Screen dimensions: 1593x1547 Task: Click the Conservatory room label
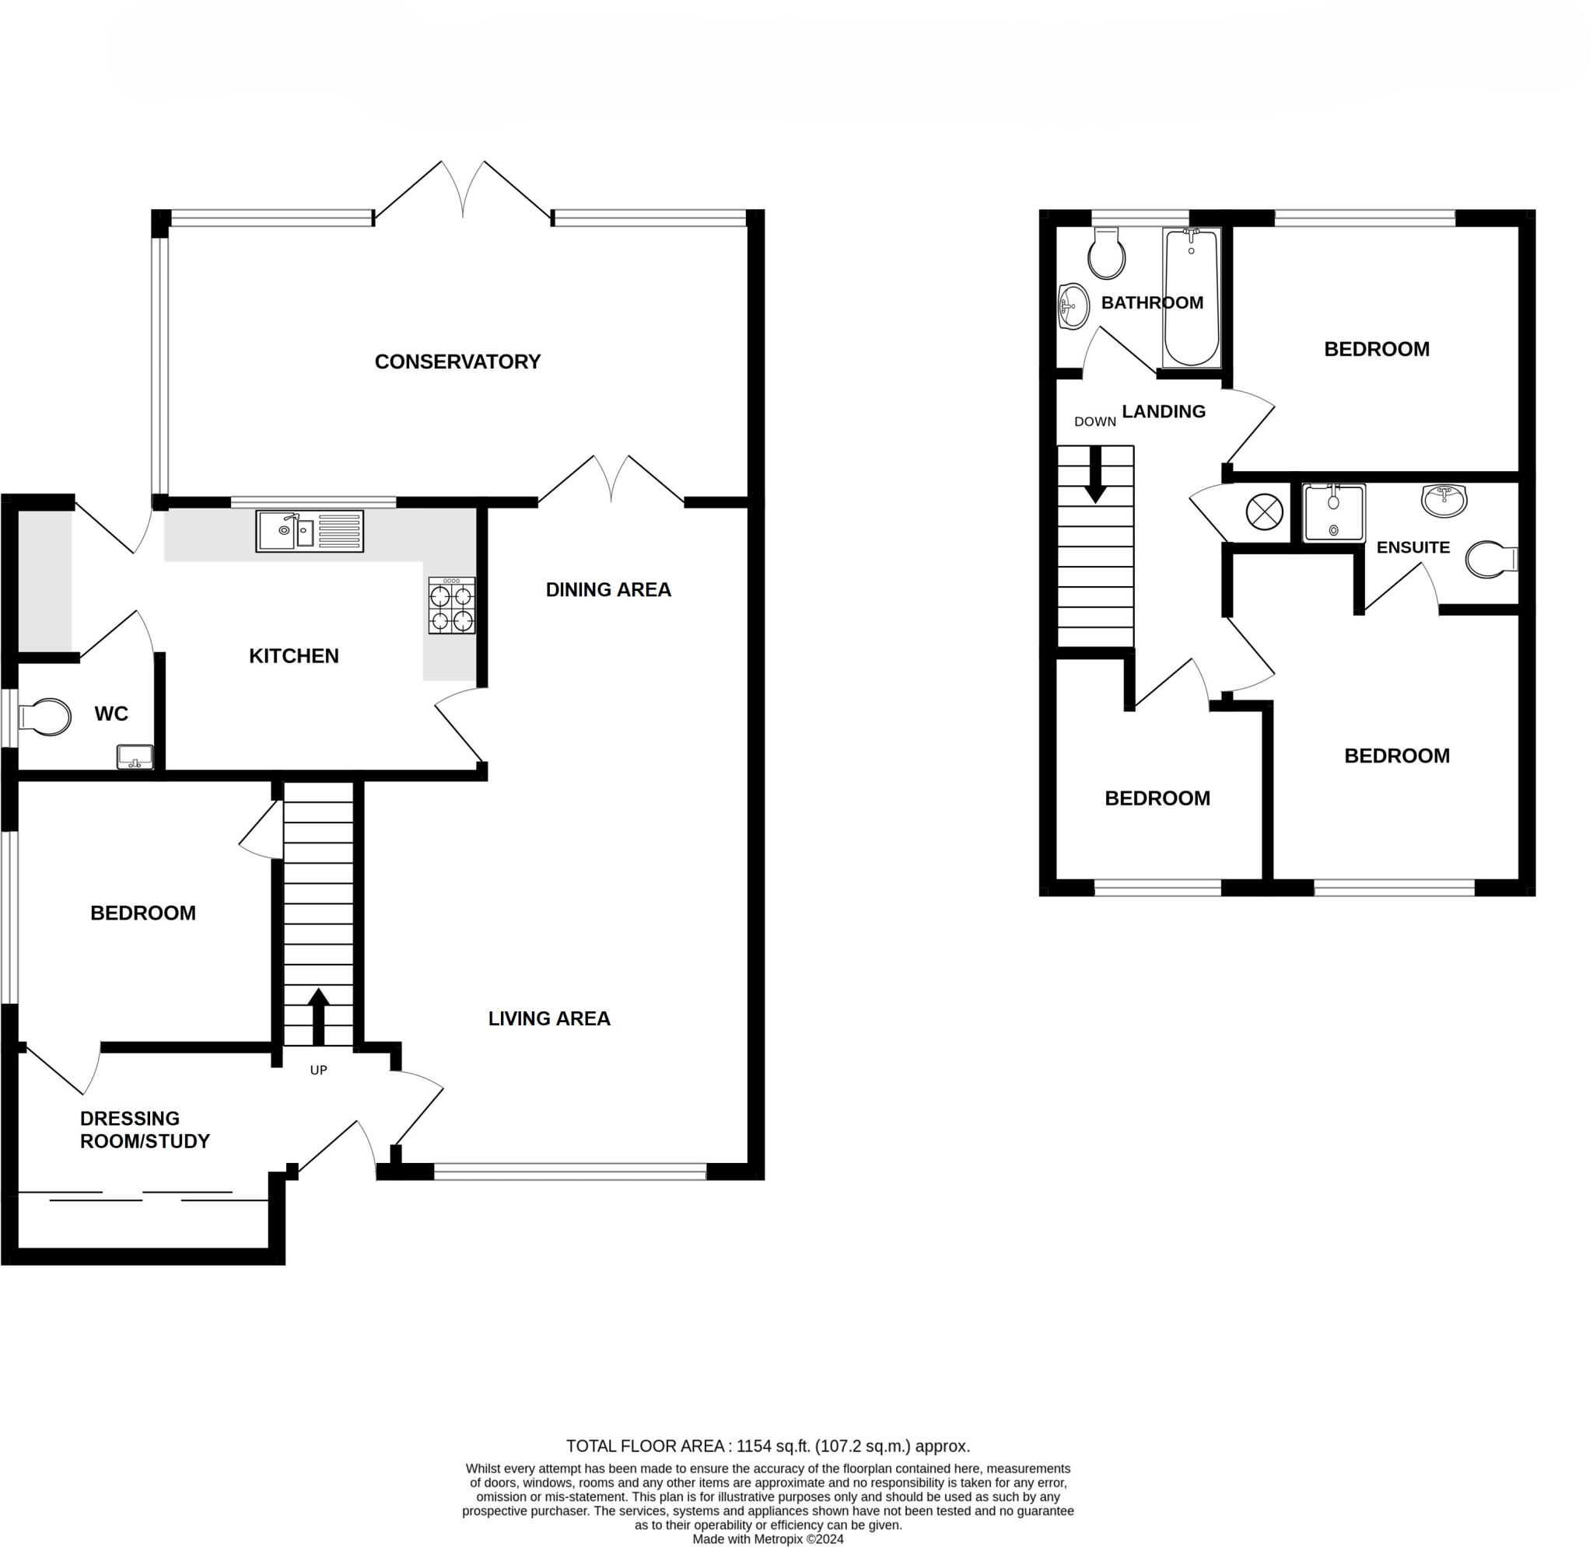pos(457,361)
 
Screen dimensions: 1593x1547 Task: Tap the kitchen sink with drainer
pos(310,532)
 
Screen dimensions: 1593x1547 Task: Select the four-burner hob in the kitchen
pos(452,606)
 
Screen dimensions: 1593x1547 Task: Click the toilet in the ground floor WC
pos(44,717)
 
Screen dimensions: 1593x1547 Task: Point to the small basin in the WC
pos(135,757)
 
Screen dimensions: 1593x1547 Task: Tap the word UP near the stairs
pos(319,1070)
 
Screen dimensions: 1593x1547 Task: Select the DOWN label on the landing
pos(1094,421)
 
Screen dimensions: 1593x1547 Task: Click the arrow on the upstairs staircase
pos(1096,473)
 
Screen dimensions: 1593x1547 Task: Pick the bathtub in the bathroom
pos(1192,298)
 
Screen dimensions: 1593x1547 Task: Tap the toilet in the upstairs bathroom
pos(1106,253)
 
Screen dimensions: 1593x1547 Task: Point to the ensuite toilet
pos(1492,560)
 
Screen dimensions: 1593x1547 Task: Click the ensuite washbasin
pos(1445,500)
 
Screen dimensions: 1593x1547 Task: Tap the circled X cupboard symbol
pos(1265,512)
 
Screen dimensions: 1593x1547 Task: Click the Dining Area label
pos(608,590)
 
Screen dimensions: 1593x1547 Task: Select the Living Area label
pos(549,1019)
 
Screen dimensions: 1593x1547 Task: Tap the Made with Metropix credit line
pos(768,1540)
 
